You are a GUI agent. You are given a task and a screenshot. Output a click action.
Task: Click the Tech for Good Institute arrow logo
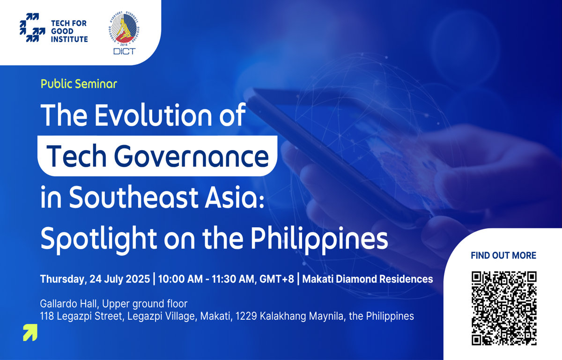(x=32, y=28)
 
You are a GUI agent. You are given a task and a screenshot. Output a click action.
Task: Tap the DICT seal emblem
(x=124, y=29)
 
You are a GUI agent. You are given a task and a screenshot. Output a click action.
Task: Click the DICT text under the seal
(x=124, y=52)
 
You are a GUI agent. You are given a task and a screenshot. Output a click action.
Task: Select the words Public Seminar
(x=79, y=84)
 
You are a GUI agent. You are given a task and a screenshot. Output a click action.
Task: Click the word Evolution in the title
(x=153, y=115)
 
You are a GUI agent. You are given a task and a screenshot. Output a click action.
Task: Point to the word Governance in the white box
(x=191, y=156)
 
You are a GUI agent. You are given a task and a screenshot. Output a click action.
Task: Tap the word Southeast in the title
(x=134, y=197)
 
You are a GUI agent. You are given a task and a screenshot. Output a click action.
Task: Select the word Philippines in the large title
(x=319, y=239)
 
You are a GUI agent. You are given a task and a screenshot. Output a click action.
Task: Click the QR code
(x=504, y=308)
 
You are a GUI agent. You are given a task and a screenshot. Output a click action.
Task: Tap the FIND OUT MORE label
(x=503, y=255)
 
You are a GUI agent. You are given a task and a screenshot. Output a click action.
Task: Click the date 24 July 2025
(x=120, y=279)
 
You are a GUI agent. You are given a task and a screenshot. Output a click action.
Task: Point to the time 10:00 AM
(x=180, y=279)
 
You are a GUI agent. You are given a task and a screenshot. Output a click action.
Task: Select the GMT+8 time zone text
(x=276, y=279)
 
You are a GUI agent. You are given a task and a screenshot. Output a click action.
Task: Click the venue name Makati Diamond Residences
(x=368, y=279)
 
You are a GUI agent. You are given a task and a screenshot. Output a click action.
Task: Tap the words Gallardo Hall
(x=68, y=304)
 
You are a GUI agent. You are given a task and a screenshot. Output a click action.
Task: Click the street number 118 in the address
(x=47, y=316)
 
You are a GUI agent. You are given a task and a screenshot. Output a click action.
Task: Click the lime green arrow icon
(x=30, y=332)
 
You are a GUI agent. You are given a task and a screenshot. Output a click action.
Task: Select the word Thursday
(x=63, y=279)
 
